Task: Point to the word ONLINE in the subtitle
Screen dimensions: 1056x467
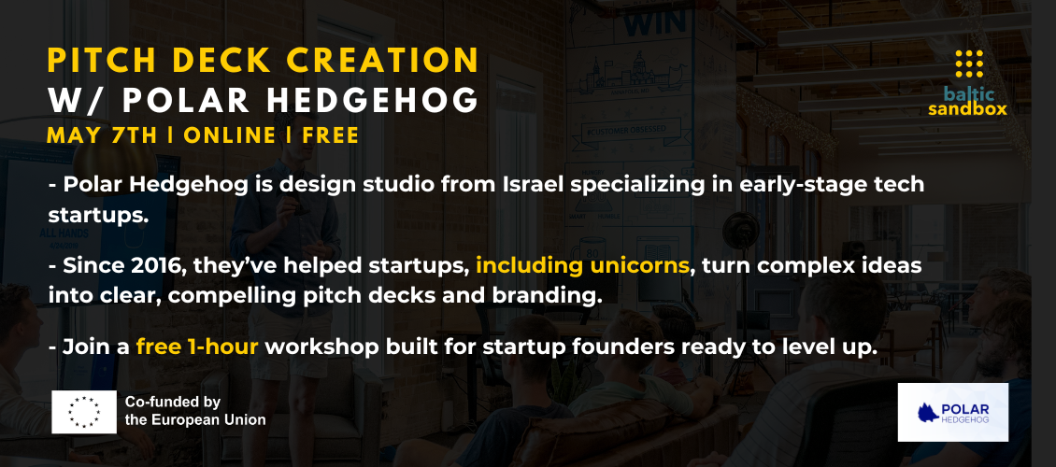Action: [x=230, y=135]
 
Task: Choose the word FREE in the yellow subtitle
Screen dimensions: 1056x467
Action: [x=331, y=135]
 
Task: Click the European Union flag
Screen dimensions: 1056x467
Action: [x=84, y=412]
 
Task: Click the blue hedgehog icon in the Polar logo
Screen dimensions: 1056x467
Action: [x=929, y=413]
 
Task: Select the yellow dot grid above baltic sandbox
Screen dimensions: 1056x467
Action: [x=969, y=64]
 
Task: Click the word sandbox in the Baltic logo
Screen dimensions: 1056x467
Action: [x=968, y=109]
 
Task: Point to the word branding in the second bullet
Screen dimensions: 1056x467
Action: [x=553, y=296]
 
